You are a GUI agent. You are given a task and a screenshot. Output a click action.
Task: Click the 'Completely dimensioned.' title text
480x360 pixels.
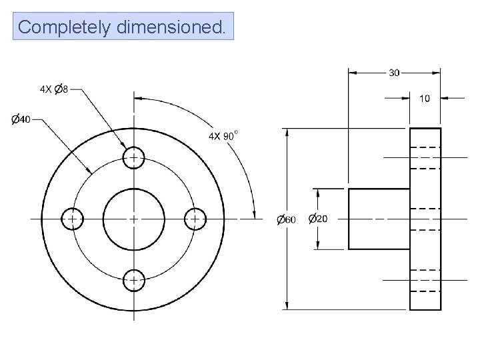click(123, 27)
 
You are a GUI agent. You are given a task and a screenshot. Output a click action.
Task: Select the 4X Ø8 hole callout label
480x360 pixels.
click(54, 89)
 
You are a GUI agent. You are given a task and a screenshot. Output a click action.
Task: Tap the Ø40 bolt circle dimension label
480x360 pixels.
click(21, 119)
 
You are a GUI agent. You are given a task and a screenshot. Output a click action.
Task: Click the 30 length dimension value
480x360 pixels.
click(395, 72)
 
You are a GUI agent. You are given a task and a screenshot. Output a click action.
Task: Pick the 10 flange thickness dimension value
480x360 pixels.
click(424, 98)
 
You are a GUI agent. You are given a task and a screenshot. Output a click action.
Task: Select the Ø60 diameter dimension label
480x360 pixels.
click(286, 219)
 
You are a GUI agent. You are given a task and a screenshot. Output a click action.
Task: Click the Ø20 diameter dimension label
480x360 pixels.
click(318, 219)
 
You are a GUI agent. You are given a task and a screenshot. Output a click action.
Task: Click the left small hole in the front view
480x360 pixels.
click(72, 219)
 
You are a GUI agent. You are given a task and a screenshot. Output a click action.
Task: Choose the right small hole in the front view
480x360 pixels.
click(195, 219)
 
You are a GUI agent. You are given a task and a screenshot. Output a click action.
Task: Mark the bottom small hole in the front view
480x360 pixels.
click(134, 279)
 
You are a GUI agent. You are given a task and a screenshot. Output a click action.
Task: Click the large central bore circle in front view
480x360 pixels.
click(134, 219)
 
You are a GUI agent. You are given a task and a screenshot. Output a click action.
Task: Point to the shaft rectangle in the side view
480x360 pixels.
click(379, 219)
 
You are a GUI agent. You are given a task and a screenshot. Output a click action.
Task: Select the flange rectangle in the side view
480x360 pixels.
click(425, 219)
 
